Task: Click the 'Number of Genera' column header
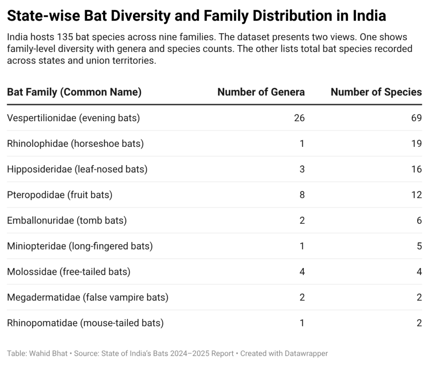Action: [261, 92]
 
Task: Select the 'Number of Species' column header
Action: [376, 92]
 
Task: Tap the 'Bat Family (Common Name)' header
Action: [74, 92]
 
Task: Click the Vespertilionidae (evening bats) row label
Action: [73, 118]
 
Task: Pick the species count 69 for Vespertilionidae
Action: [416, 118]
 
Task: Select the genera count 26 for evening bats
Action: [299, 118]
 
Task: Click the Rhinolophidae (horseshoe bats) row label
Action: [75, 143]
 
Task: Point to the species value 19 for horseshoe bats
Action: [416, 143]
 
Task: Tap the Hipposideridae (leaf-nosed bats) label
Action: [77, 169]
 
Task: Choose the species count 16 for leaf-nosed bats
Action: [416, 169]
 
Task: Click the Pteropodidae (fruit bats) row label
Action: [59, 195]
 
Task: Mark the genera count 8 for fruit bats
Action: [302, 195]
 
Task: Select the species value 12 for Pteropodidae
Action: [416, 195]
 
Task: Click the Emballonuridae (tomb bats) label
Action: [67, 220]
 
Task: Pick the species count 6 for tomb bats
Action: [419, 220]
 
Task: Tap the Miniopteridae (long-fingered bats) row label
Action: [80, 246]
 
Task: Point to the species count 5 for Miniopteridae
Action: [419, 246]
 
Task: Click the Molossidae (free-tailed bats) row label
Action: [69, 271]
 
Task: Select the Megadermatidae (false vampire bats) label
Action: [88, 297]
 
